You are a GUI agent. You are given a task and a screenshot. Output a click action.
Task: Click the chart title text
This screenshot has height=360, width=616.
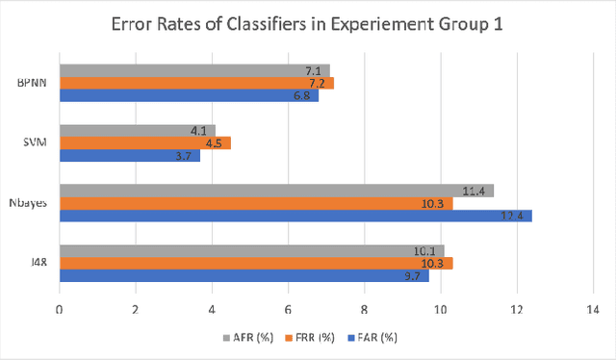[308, 27]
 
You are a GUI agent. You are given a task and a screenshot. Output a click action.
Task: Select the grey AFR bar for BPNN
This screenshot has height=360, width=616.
[192, 70]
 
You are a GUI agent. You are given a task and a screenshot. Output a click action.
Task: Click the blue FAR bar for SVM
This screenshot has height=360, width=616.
[129, 155]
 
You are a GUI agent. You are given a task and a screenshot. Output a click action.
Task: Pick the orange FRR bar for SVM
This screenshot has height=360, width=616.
[144, 142]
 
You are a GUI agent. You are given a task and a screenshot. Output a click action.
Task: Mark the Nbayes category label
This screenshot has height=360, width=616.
[27, 202]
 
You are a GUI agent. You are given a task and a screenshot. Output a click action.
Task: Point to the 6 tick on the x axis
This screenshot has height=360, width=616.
[288, 309]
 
